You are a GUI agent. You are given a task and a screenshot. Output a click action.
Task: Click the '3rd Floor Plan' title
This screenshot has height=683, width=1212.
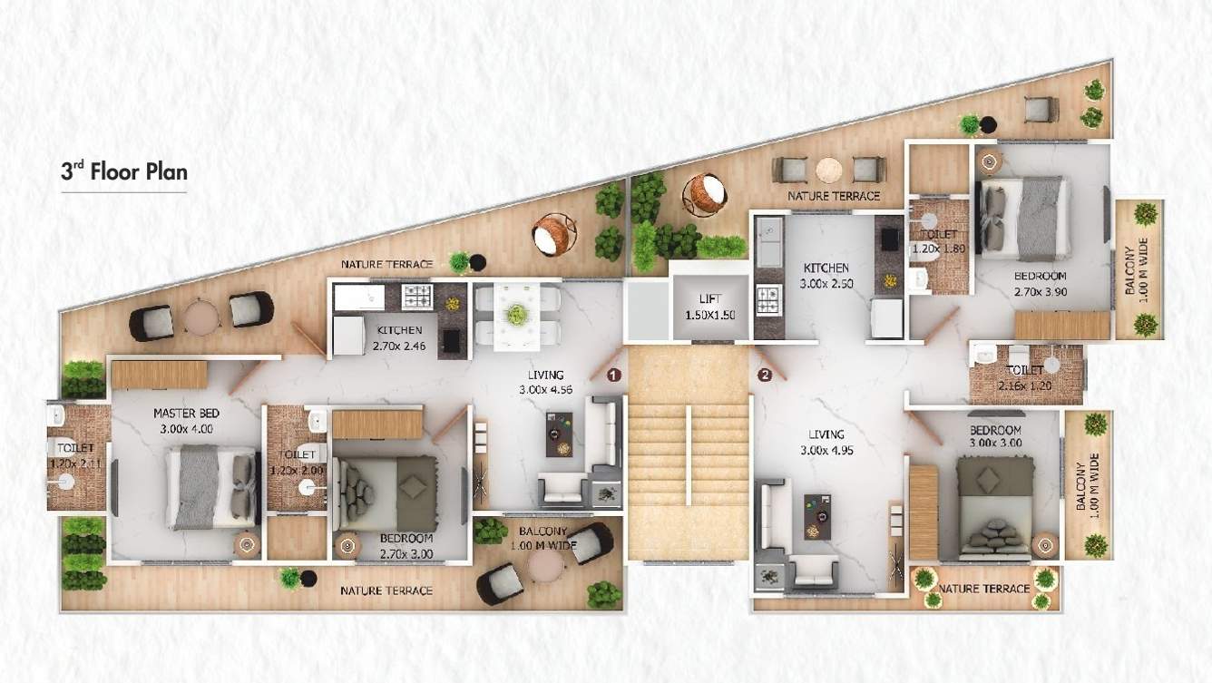pyautogui.click(x=123, y=171)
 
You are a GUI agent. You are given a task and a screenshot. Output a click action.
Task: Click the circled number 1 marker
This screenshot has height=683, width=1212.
pyautogui.click(x=613, y=374)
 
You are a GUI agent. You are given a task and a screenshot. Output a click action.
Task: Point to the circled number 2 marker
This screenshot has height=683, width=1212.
pyautogui.click(x=765, y=374)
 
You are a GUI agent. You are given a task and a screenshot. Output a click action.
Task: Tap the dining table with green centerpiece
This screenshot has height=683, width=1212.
pyautogui.click(x=517, y=316)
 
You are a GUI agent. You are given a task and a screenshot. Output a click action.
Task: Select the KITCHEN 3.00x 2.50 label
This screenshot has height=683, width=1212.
pyautogui.click(x=826, y=276)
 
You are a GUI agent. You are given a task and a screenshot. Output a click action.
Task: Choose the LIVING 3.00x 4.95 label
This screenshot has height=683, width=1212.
pyautogui.click(x=826, y=442)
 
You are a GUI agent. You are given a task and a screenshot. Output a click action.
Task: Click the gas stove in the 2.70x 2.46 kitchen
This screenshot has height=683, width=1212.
pyautogui.click(x=417, y=296)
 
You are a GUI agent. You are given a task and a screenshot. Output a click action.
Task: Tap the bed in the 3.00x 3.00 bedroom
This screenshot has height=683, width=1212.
pyautogui.click(x=995, y=506)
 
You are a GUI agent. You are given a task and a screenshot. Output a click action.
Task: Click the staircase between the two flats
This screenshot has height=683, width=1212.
pyautogui.click(x=689, y=454)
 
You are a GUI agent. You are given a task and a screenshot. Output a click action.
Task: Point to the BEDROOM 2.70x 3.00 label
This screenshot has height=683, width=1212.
pyautogui.click(x=406, y=544)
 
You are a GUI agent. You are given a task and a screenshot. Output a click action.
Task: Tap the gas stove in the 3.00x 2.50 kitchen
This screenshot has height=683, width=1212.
pyautogui.click(x=768, y=298)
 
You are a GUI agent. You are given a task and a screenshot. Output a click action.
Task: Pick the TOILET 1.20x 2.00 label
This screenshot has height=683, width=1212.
pyautogui.click(x=298, y=462)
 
